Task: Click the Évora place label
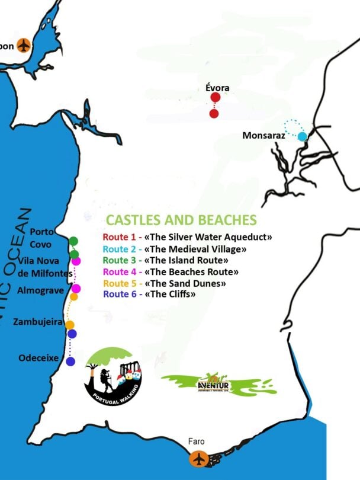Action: point(217,88)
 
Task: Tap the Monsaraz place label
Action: point(263,136)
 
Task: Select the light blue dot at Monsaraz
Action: point(302,137)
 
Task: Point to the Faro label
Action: point(197,442)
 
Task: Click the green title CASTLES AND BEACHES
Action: point(181,220)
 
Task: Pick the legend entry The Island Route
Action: point(166,260)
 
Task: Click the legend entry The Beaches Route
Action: point(171,272)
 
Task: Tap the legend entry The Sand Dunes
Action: point(165,283)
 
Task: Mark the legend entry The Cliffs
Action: point(150,294)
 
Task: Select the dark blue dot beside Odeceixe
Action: point(70,361)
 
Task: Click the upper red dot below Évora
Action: point(215,98)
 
